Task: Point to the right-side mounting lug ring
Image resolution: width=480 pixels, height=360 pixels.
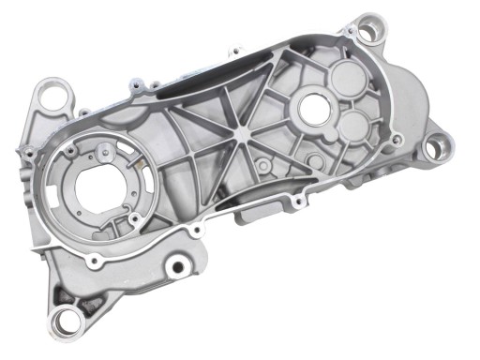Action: click(x=436, y=146)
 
